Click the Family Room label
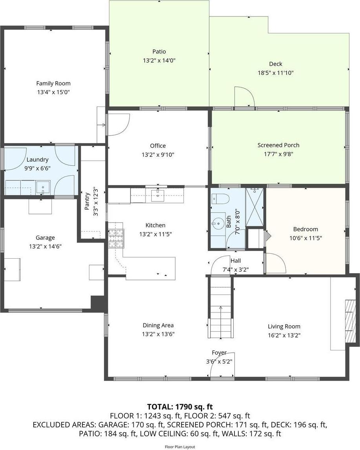pyautogui.click(x=53, y=83)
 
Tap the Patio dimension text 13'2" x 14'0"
pyautogui.click(x=159, y=60)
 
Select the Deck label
pyautogui.click(x=275, y=64)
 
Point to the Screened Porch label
pyautogui.click(x=278, y=145)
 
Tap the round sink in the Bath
pyautogui.click(x=216, y=224)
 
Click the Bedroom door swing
pyautogui.click(x=274, y=263)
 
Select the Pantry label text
pyautogui.click(x=87, y=201)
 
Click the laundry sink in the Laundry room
pyautogui.click(x=43, y=187)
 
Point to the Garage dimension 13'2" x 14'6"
pyautogui.click(x=45, y=246)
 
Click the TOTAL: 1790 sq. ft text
pyautogui.click(x=180, y=406)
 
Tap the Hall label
pyautogui.click(x=236, y=261)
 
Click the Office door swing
pyautogui.click(x=119, y=124)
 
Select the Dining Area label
pyautogui.click(x=158, y=325)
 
